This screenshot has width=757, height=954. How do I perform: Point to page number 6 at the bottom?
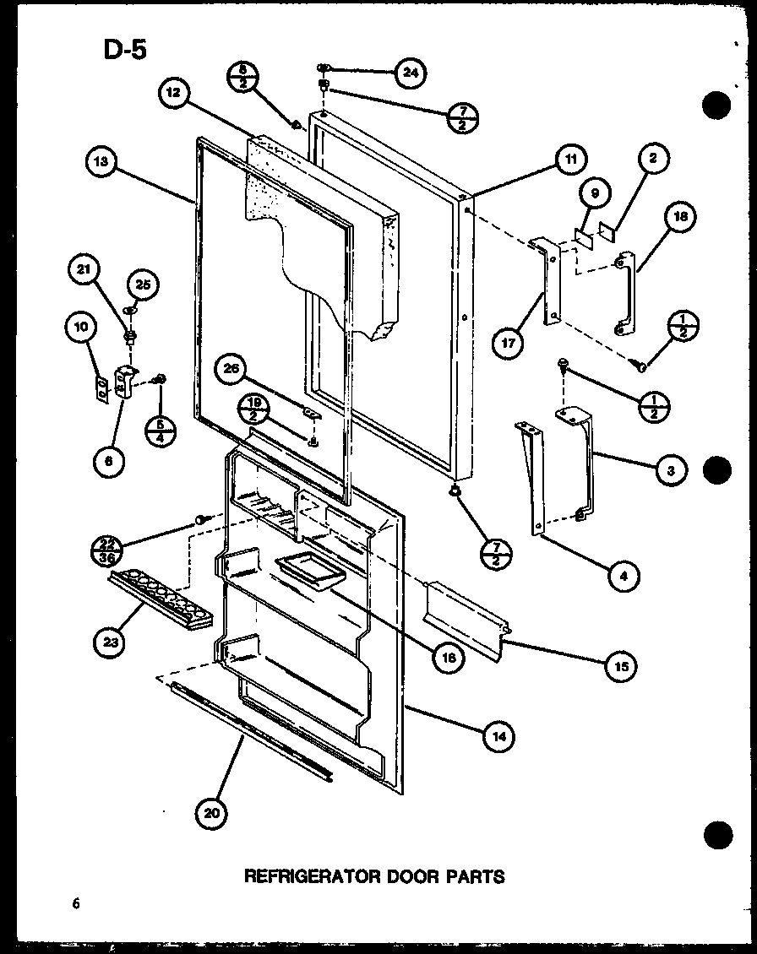[75, 903]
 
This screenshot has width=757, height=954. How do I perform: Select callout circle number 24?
[409, 72]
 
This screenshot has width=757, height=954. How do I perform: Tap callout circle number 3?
[669, 471]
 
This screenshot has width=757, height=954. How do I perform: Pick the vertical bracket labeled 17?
[547, 280]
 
